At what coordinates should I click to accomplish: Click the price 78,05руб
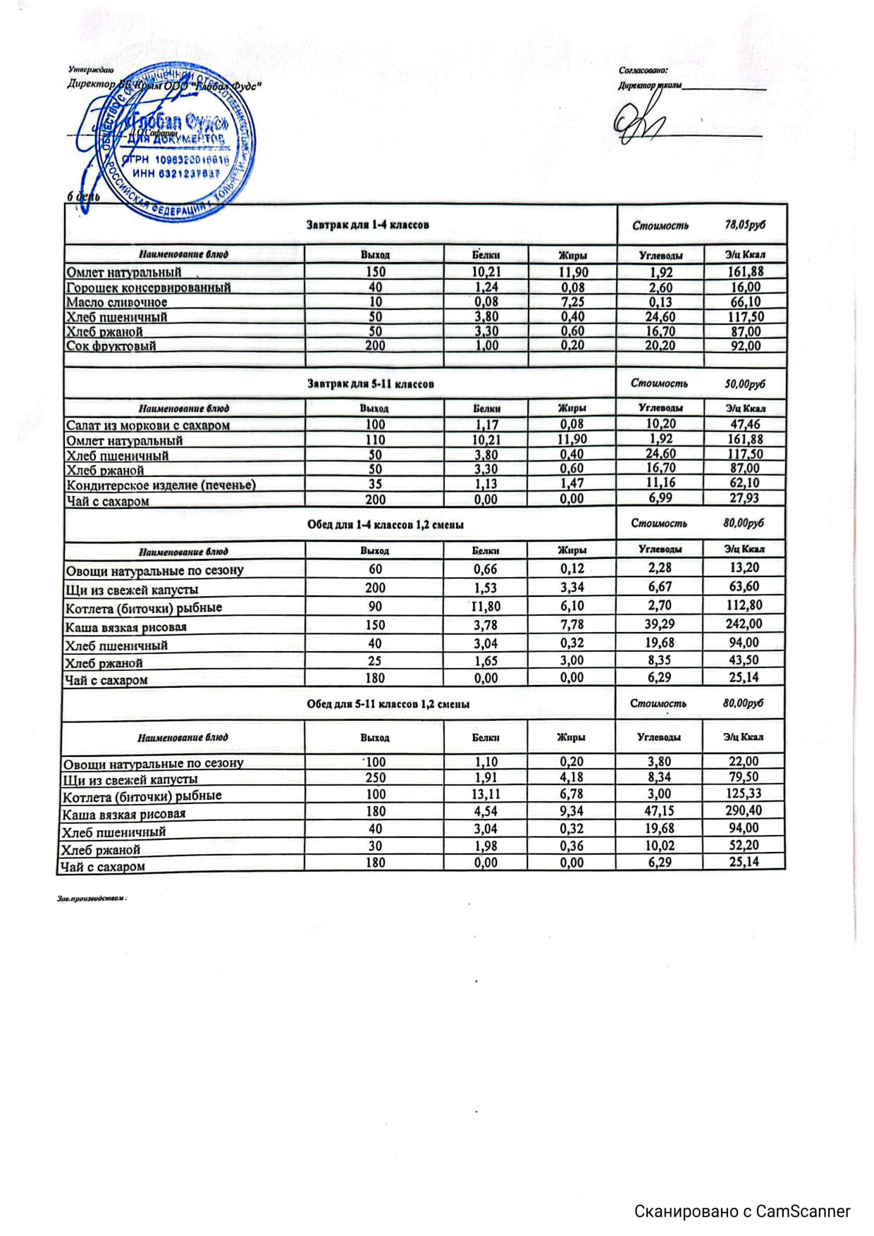tap(745, 225)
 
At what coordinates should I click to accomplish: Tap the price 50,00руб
tap(744, 384)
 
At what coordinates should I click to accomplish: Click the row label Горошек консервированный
tap(148, 288)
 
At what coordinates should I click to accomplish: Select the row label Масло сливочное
tap(116, 302)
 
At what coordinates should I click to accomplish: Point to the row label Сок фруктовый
tap(111, 346)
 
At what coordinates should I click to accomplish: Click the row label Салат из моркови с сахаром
tap(147, 425)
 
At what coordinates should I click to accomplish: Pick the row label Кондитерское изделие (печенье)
tap(161, 485)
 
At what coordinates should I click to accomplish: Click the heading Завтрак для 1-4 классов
tap(367, 225)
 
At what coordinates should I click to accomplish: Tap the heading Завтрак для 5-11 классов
tap(370, 384)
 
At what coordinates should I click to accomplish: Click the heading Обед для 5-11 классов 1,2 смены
tap(388, 704)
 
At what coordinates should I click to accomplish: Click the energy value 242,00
tap(744, 624)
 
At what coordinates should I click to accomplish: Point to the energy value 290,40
tap(744, 811)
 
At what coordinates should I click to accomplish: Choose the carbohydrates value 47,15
tap(659, 811)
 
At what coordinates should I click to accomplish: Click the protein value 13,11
tap(486, 794)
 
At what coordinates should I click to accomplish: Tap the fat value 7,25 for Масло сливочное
tap(572, 302)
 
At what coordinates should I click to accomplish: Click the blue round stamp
tap(180, 141)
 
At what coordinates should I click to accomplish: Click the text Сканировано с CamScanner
tap(742, 1211)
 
